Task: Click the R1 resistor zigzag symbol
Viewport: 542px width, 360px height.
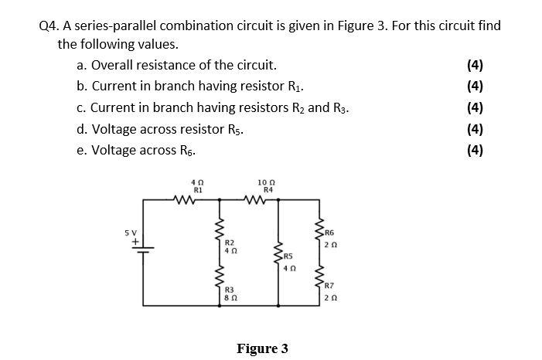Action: point(184,199)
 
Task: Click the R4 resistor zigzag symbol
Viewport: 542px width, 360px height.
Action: point(254,199)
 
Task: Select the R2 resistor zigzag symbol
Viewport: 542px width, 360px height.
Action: point(220,229)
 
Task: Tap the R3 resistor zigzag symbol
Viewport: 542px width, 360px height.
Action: point(220,277)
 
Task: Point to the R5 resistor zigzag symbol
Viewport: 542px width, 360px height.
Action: point(278,253)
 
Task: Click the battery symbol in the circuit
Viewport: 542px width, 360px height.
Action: point(143,250)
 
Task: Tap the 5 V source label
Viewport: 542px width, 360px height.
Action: point(131,233)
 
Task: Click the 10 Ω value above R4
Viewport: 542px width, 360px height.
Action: point(266,182)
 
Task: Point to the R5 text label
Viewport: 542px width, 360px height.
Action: point(288,256)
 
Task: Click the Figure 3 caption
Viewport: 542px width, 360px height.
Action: point(262,348)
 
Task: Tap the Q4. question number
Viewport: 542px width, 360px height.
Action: point(50,26)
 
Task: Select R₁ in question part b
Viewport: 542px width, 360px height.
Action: point(295,87)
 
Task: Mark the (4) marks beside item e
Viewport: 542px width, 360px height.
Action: point(475,151)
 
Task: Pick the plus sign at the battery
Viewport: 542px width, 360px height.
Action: point(135,242)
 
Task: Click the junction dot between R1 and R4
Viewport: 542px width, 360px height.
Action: point(220,199)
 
